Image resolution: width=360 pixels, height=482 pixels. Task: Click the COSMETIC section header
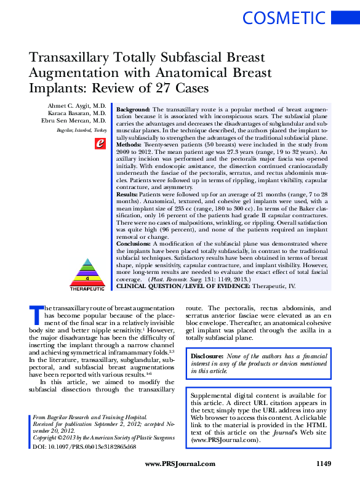pos(283,18)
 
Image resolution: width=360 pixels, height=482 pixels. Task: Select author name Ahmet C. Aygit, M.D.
pos(77,106)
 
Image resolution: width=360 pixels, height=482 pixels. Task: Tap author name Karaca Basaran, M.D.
pos(77,114)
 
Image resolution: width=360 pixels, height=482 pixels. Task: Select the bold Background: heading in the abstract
pos(134,108)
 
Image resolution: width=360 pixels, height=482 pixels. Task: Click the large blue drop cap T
pos(36,314)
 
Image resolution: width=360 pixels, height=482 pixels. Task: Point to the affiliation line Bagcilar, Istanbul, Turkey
pos(81,131)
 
